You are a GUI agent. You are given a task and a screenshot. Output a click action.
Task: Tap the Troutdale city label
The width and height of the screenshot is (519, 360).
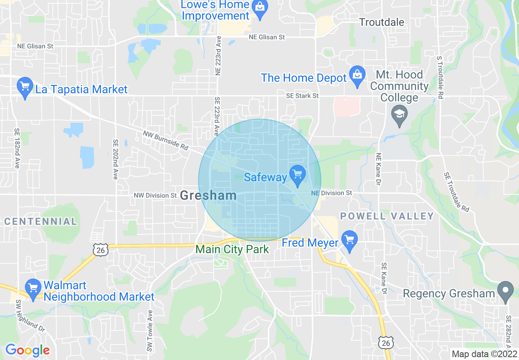tap(381, 22)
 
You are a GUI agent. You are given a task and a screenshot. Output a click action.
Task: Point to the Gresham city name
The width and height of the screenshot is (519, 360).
tap(208, 195)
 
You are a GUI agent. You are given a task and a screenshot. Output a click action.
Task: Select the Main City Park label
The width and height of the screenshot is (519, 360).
tap(232, 249)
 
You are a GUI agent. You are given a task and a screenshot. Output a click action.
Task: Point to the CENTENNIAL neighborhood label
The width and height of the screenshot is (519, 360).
tap(41, 222)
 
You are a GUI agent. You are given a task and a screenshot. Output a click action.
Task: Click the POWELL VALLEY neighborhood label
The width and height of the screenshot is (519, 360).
tap(387, 216)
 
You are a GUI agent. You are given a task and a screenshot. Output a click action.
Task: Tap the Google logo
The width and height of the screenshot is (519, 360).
tap(27, 350)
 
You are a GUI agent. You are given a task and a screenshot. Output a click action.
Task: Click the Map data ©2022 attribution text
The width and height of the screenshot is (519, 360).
tap(484, 354)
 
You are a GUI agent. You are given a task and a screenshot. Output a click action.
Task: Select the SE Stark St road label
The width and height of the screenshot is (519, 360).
tap(302, 96)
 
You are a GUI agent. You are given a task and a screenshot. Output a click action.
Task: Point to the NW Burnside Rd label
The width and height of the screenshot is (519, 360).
tap(166, 140)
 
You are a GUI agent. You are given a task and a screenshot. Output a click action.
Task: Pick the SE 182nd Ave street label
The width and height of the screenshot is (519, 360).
tap(17, 148)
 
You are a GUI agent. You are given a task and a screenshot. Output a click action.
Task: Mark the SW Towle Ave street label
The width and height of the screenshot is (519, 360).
tap(150, 331)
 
